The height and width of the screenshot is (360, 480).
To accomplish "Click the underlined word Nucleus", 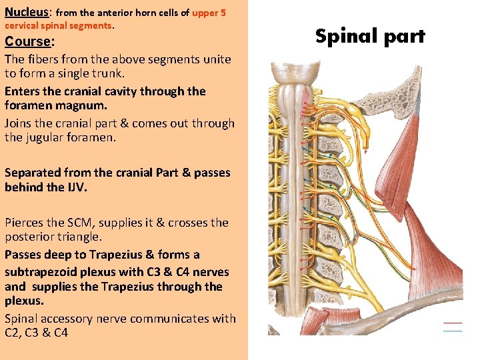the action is (x=27, y=12).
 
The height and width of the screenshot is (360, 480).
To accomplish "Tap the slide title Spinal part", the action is (x=370, y=36).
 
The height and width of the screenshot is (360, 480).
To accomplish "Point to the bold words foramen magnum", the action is (x=56, y=106).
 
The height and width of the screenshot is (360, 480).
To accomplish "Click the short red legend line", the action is (x=453, y=323).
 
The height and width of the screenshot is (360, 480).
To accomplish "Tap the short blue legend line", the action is (x=453, y=331).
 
